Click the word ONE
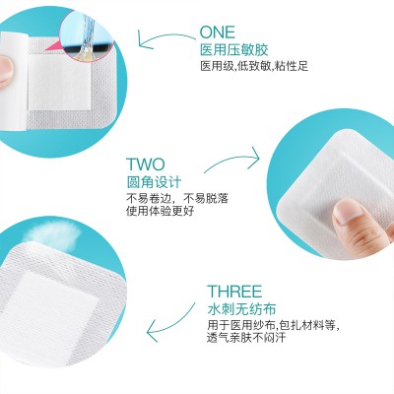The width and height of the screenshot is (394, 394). [x=218, y=33]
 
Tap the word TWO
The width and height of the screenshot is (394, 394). [x=146, y=164]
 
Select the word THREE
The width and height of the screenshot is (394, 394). [x=234, y=292]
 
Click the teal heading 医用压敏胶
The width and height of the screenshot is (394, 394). [x=233, y=50]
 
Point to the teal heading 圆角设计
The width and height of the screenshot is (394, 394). [x=154, y=182]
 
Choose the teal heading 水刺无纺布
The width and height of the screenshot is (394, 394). [x=241, y=309]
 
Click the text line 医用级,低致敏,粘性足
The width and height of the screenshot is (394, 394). [x=254, y=66]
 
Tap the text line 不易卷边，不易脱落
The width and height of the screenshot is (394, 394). [x=177, y=198]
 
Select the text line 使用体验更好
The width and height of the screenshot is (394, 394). [x=161, y=211]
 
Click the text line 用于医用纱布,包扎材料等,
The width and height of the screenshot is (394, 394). [x=273, y=325]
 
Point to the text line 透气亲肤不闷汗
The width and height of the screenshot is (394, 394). [x=246, y=338]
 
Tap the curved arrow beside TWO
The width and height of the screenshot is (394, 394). [x=232, y=160]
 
